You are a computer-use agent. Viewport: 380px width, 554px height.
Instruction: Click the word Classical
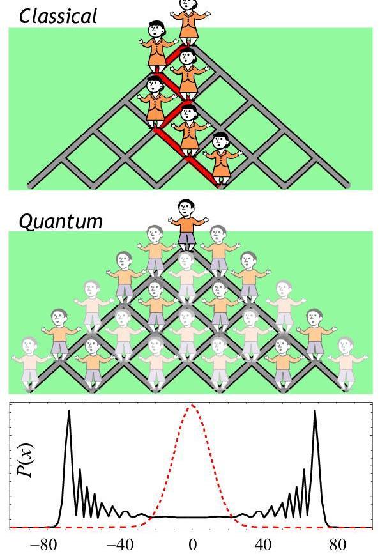pos(58,16)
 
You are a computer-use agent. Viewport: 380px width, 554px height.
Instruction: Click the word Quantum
pos(61,222)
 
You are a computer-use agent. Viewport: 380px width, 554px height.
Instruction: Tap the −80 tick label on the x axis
pos(43,544)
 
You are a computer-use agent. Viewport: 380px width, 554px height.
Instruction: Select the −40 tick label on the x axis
pos(120,544)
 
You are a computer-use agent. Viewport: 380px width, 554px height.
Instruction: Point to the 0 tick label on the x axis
pos(192,544)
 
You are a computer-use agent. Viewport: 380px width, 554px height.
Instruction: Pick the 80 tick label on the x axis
pos(338,544)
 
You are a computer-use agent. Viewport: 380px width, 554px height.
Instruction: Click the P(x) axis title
pos(26,460)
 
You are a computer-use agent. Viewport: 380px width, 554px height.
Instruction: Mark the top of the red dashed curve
pos(192,405)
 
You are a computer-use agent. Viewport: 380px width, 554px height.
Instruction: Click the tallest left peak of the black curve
pos(69,411)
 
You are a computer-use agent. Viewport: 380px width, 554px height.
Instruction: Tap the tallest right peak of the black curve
pos(315,411)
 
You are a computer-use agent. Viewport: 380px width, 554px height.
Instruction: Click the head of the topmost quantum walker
pos(186,208)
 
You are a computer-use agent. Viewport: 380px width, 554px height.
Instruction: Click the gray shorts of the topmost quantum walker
pos(186,238)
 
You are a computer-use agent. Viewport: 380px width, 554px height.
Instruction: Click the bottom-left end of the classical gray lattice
pos(29,186)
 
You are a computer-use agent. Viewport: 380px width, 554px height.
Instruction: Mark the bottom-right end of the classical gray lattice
pos(348,185)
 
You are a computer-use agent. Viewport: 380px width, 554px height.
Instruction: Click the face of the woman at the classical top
pos(186,4)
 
